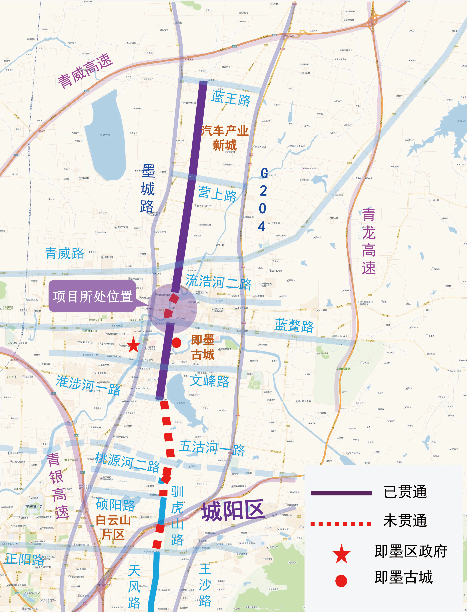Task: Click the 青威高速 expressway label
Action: click(85, 71)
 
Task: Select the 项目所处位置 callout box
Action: click(92, 296)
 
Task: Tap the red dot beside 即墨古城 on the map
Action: click(176, 342)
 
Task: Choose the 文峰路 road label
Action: click(210, 381)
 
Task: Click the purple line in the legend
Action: click(341, 493)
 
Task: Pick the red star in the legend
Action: click(341, 554)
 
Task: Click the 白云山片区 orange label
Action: click(113, 527)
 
